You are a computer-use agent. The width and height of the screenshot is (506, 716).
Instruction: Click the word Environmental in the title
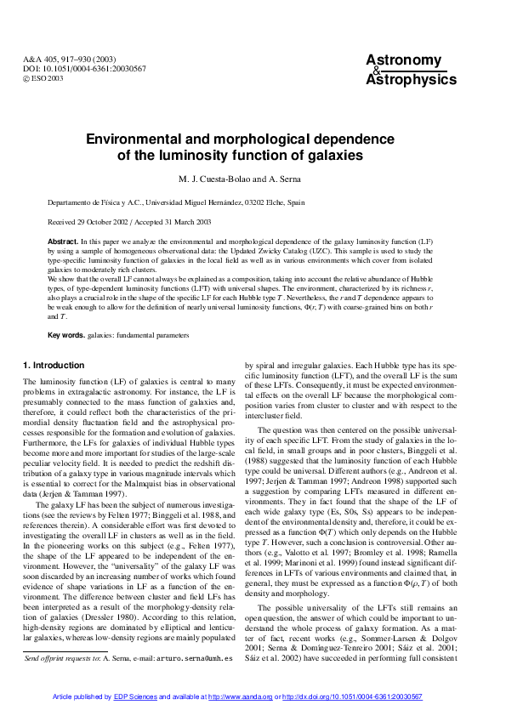point(145,140)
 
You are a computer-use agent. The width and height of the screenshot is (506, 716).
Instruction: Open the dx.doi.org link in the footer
point(352,696)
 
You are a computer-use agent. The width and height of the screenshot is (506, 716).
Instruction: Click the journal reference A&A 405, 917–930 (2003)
point(65,59)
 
